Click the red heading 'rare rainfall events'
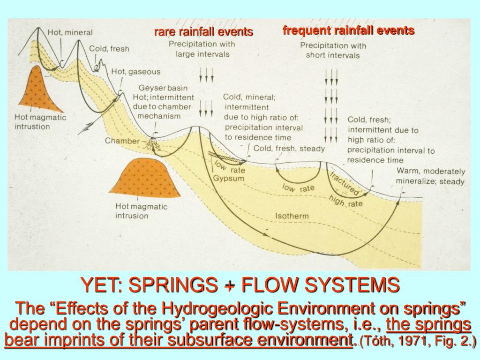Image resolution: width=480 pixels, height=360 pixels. (203, 32)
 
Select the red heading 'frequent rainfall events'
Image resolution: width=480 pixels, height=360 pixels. (348, 30)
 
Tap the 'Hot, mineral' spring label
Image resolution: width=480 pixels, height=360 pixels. (70, 33)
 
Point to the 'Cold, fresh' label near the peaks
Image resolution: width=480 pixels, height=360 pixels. (109, 48)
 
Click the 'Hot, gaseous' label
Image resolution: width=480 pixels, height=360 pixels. (135, 72)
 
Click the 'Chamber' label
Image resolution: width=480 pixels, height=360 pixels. (122, 141)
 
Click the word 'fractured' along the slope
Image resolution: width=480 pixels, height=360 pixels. (345, 184)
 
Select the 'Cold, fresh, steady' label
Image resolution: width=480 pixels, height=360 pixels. (289, 149)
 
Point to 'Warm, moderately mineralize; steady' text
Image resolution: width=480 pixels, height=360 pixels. (430, 176)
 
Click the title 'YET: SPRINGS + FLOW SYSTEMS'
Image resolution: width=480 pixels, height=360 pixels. (240, 285)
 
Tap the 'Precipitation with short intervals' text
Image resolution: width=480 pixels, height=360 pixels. (333, 50)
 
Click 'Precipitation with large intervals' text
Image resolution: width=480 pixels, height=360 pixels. (202, 49)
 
